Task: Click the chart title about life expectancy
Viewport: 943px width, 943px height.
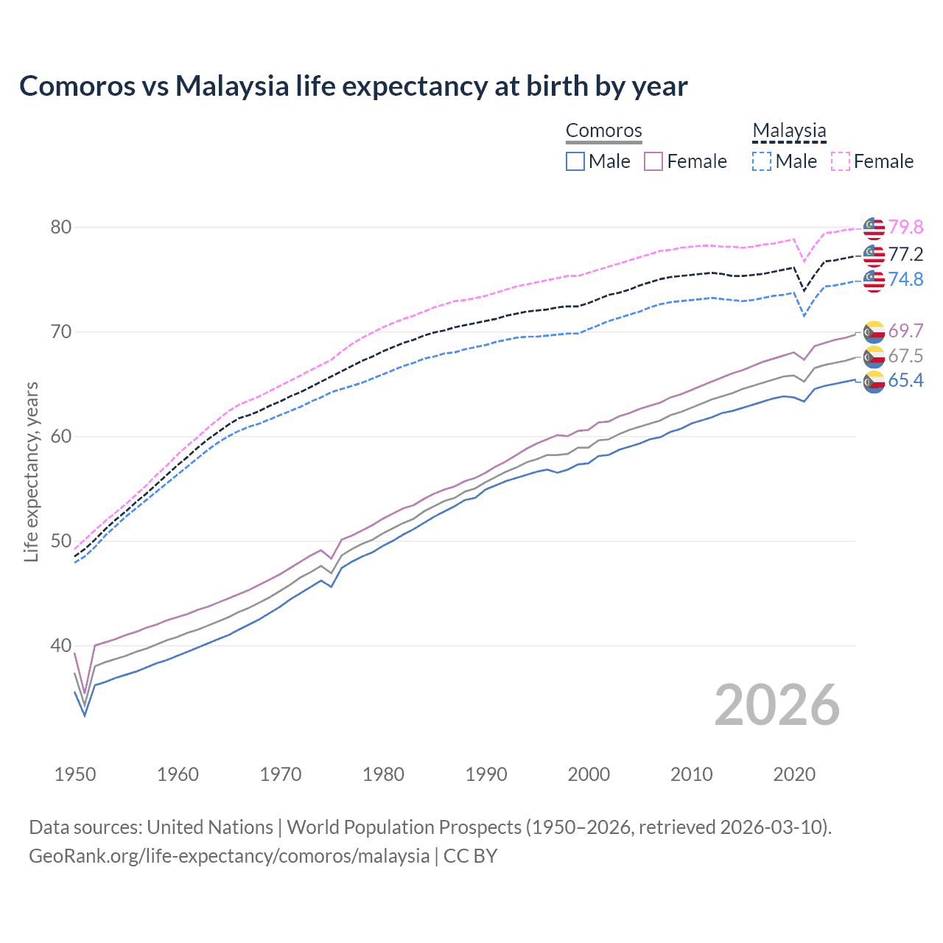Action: pyautogui.click(x=353, y=86)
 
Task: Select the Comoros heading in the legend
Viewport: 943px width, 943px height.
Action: pyautogui.click(x=603, y=131)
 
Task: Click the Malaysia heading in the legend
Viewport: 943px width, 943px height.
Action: pyautogui.click(x=789, y=131)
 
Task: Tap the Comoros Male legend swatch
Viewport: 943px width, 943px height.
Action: pyautogui.click(x=575, y=161)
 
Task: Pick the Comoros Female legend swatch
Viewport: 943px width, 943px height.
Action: pyautogui.click(x=653, y=161)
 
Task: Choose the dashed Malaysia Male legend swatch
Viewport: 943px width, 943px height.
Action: pyautogui.click(x=762, y=161)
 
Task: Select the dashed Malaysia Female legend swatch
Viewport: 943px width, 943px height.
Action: pyautogui.click(x=841, y=161)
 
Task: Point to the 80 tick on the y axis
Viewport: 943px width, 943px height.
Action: pyautogui.click(x=61, y=227)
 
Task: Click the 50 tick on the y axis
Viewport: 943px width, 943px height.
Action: pyautogui.click(x=61, y=541)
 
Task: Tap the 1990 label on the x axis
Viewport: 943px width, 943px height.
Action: pyautogui.click(x=486, y=774)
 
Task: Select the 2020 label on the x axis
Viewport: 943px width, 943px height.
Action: pyautogui.click(x=794, y=774)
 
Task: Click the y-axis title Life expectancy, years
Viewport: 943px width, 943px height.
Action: pyautogui.click(x=31, y=471)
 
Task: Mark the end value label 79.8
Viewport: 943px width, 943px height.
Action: pyautogui.click(x=905, y=228)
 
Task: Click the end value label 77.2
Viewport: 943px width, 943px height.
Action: pyautogui.click(x=905, y=255)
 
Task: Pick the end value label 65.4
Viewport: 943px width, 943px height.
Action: pyautogui.click(x=905, y=381)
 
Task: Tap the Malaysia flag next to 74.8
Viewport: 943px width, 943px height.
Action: pyautogui.click(x=874, y=281)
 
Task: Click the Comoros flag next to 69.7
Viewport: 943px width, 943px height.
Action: pyautogui.click(x=874, y=332)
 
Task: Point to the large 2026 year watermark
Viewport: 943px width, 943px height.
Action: pyautogui.click(x=777, y=705)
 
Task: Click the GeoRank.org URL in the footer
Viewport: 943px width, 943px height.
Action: pyautogui.click(x=229, y=856)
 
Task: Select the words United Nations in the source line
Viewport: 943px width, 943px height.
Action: pyautogui.click(x=210, y=827)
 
